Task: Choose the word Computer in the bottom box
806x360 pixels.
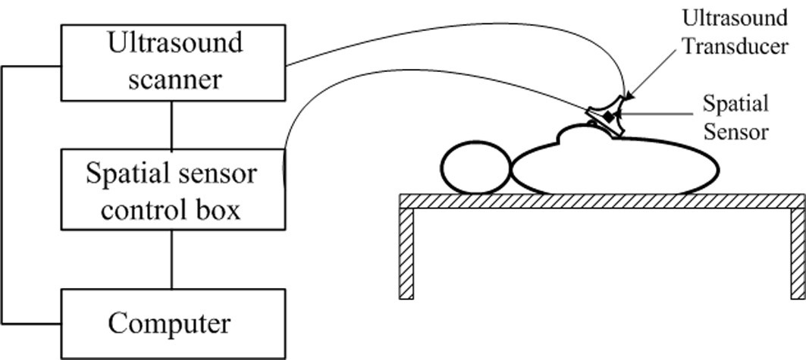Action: coord(168,324)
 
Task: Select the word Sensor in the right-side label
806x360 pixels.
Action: coord(735,132)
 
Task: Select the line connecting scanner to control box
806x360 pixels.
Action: coord(172,125)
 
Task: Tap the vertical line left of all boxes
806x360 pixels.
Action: coord(3,189)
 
